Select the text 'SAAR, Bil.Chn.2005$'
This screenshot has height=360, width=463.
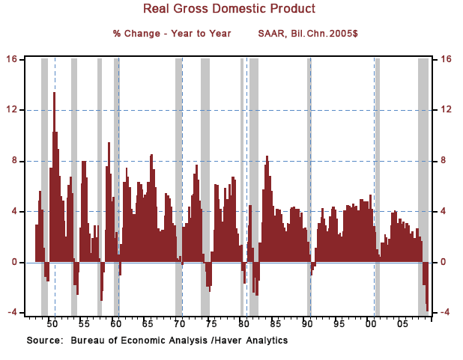point(308,34)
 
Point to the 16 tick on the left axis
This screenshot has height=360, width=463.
point(13,59)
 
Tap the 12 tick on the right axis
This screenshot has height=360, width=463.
point(447,110)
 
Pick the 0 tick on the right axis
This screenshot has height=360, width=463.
point(445,262)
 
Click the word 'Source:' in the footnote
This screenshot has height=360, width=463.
point(44,341)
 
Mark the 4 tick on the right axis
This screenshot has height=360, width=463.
point(445,211)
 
